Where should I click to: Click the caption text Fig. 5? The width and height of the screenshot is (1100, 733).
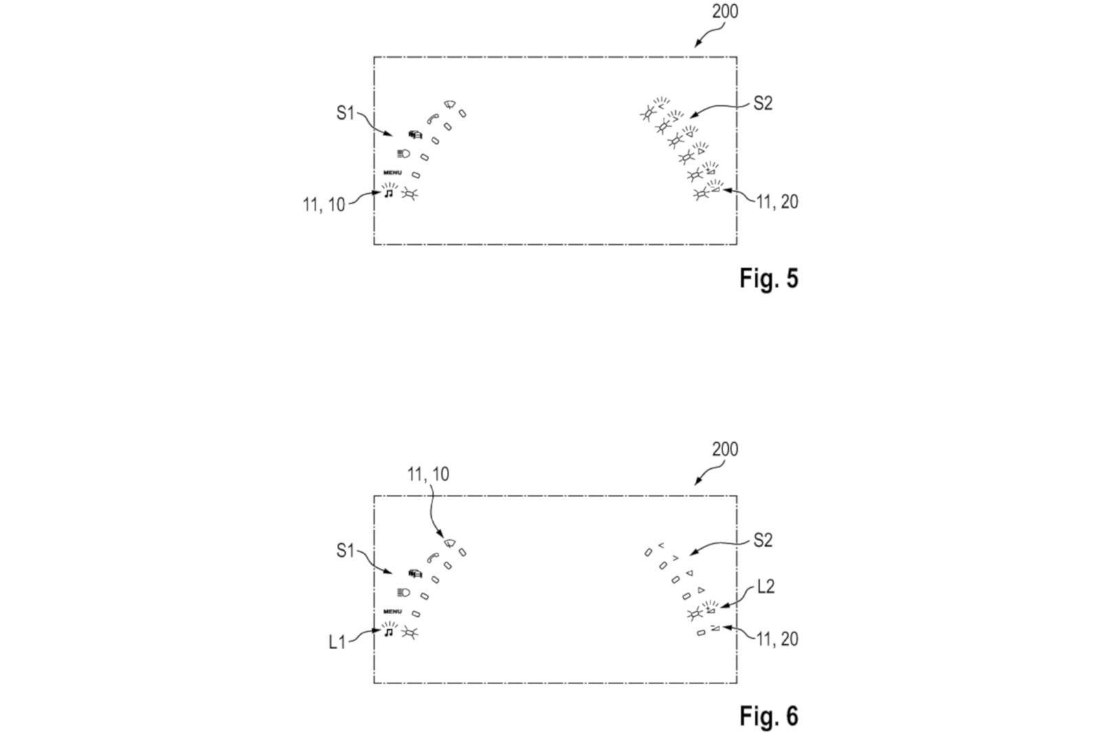pyautogui.click(x=769, y=278)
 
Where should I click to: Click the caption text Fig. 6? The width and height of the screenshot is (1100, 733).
pyautogui.click(x=769, y=716)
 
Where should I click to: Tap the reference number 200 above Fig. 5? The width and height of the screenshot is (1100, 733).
pyautogui.click(x=725, y=12)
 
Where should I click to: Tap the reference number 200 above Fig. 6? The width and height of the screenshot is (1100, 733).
pyautogui.click(x=725, y=450)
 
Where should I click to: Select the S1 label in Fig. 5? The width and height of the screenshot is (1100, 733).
pyautogui.click(x=345, y=113)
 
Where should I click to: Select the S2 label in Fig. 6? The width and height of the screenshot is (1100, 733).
pyautogui.click(x=763, y=540)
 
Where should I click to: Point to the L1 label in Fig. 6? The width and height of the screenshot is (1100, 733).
pyautogui.click(x=337, y=642)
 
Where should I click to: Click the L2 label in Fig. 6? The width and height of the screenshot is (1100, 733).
pyautogui.click(x=766, y=586)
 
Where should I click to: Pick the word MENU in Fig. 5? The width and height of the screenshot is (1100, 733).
pyautogui.click(x=393, y=173)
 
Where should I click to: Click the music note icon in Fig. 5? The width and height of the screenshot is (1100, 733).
pyautogui.click(x=389, y=194)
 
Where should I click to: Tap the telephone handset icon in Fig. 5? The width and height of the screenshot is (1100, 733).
pyautogui.click(x=432, y=119)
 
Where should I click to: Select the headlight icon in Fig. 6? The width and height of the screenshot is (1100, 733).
pyautogui.click(x=404, y=593)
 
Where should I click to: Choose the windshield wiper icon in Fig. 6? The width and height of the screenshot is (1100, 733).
pyautogui.click(x=450, y=543)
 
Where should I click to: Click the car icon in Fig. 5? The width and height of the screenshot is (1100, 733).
pyautogui.click(x=415, y=134)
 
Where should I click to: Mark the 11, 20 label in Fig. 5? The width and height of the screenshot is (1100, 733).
pyautogui.click(x=777, y=202)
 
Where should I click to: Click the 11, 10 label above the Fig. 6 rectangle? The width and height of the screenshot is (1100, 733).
pyautogui.click(x=428, y=474)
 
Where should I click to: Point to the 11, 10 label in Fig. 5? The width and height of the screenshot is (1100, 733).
pyautogui.click(x=324, y=205)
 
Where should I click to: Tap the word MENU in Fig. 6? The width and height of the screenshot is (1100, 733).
pyautogui.click(x=393, y=612)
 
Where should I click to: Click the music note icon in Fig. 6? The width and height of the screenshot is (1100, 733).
pyautogui.click(x=389, y=633)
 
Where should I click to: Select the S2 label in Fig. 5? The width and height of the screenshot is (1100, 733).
pyautogui.click(x=763, y=103)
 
